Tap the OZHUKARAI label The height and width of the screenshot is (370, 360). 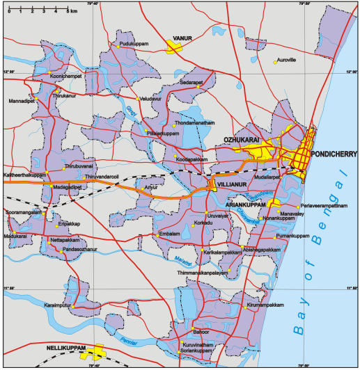(x=242, y=140)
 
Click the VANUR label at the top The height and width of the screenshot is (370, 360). (x=182, y=39)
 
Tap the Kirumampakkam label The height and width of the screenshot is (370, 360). (x=266, y=305)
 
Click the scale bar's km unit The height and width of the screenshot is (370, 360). (x=73, y=12)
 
